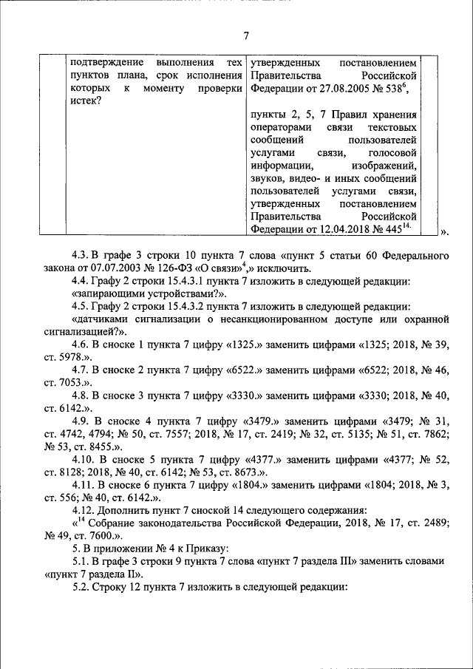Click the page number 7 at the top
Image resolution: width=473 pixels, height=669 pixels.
[246, 34]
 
